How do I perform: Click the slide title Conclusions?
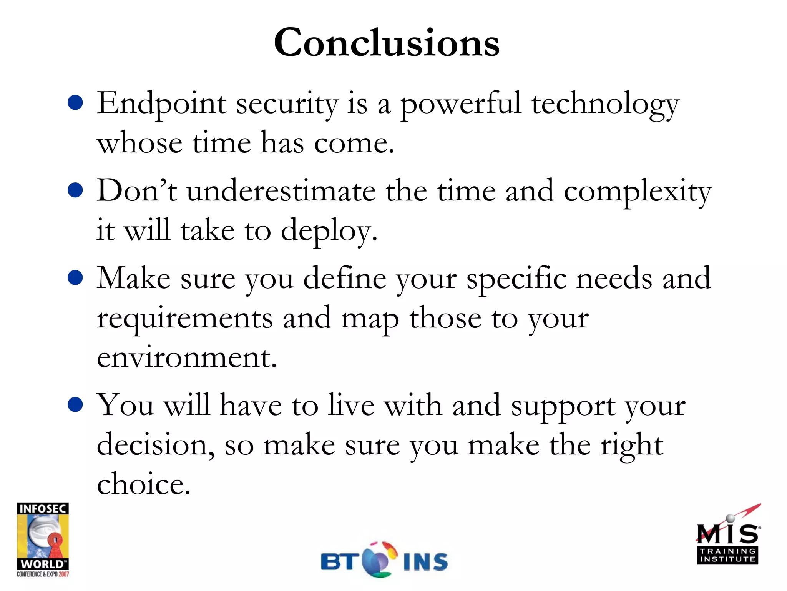point(387,43)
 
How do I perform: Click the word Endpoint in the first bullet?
point(161,104)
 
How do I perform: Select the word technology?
point(605,105)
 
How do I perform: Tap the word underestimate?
point(281,191)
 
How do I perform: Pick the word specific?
point(516,279)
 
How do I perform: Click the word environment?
point(187,358)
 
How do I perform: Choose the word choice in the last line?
point(143,484)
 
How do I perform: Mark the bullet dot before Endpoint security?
point(75,103)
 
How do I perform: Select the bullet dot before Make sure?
point(75,278)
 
